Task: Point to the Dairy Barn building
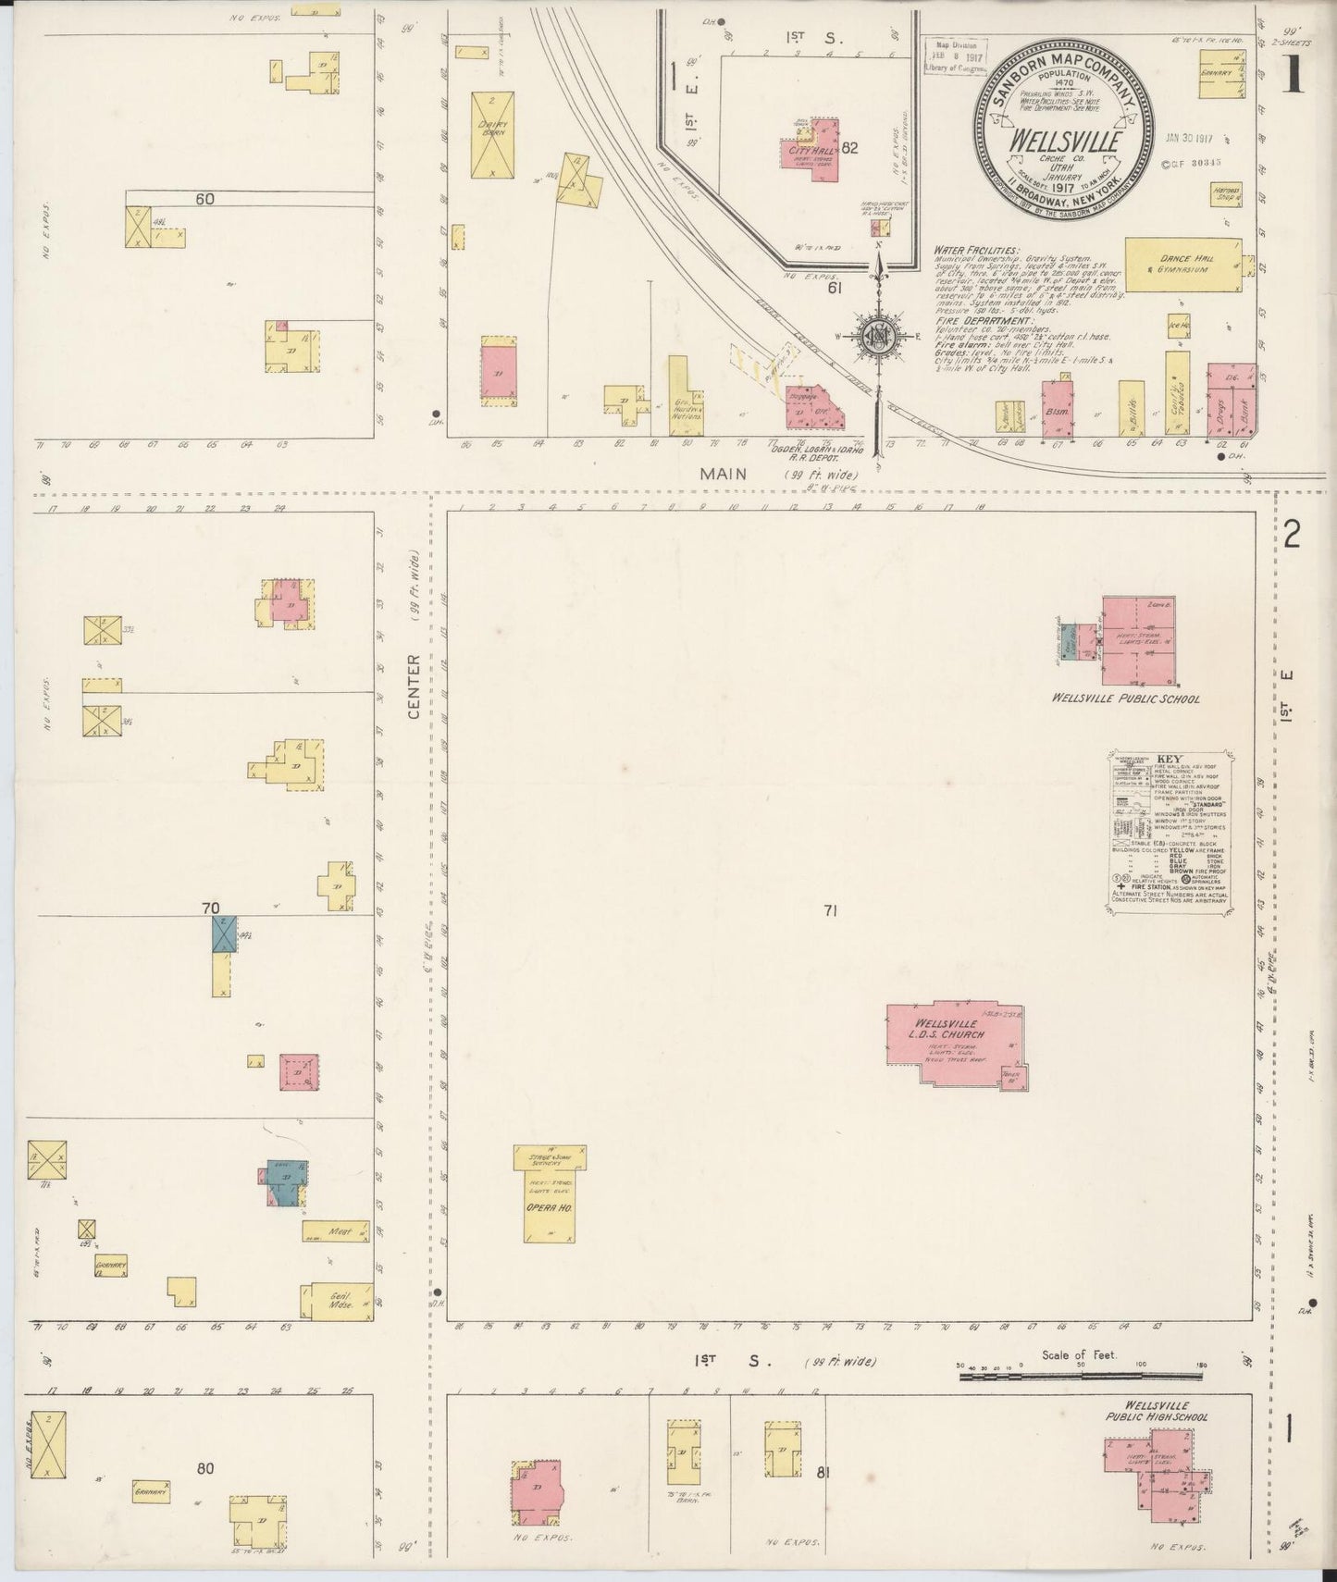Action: (x=492, y=134)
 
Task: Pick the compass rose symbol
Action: (x=876, y=338)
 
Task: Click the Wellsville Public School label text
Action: (x=1125, y=698)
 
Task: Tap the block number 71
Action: (x=829, y=911)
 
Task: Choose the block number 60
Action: (x=205, y=198)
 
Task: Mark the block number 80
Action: (x=205, y=1467)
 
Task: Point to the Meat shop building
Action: (x=337, y=1230)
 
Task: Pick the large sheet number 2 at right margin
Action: (x=1293, y=534)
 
